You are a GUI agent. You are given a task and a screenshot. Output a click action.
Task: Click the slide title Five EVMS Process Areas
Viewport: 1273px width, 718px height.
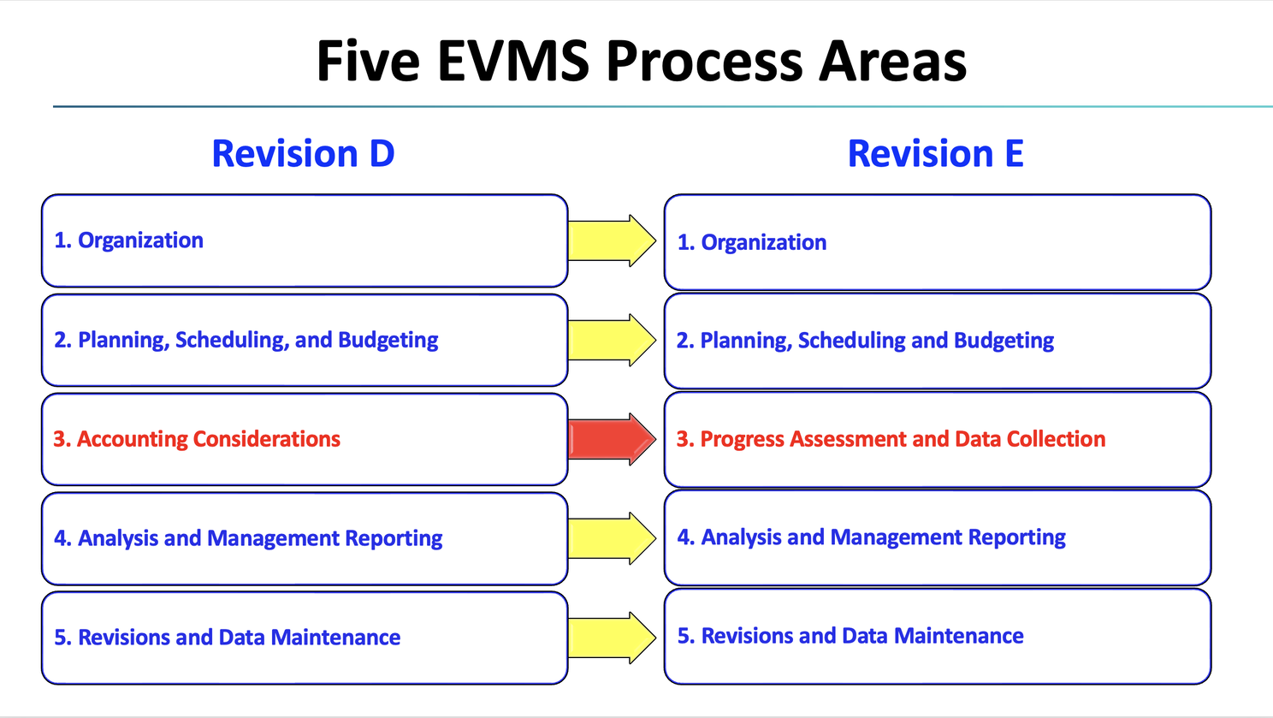click(x=642, y=62)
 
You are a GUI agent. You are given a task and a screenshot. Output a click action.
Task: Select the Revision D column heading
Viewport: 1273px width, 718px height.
click(x=303, y=154)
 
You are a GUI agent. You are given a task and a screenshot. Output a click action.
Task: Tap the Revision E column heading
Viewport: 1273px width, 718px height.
click(x=935, y=154)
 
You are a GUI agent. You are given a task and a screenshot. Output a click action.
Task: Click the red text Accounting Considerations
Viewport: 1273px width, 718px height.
click(x=197, y=439)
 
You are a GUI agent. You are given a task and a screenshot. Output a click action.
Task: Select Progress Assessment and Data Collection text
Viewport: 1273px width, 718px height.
click(x=891, y=439)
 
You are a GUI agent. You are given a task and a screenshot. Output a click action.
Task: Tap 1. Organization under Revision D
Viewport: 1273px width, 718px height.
click(x=129, y=240)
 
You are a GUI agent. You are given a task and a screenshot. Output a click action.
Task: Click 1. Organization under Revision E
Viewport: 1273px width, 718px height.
click(x=752, y=243)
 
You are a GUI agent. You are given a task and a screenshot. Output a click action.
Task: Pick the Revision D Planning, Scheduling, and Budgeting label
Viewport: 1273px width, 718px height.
click(x=246, y=341)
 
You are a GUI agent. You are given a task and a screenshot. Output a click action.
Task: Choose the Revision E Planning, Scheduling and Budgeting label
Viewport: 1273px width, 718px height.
click(x=865, y=341)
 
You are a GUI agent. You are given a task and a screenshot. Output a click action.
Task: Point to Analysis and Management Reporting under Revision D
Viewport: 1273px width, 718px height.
click(x=248, y=538)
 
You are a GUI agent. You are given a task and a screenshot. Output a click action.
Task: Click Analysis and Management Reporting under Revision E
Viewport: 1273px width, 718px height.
click(x=871, y=537)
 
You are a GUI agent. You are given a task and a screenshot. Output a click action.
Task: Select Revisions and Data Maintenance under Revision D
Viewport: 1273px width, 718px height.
click(x=228, y=638)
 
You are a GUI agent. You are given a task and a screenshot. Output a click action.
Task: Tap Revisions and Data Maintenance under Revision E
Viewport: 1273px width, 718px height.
click(x=850, y=636)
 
